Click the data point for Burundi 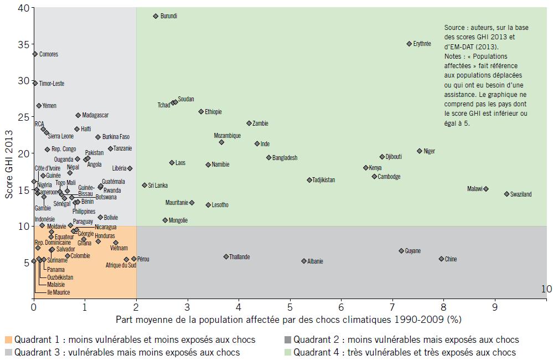click(x=156, y=16)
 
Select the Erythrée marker click(x=409, y=44)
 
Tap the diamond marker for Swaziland click(x=507, y=194)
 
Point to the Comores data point click(x=34, y=54)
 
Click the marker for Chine click(x=441, y=259)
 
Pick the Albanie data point click(x=303, y=261)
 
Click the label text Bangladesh click(x=285, y=158)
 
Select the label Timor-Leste click(x=51, y=84)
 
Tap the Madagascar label click(x=95, y=115)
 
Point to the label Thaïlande click(x=239, y=257)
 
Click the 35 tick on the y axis click(x=23, y=44)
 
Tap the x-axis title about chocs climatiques click(x=288, y=320)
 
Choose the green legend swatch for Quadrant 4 click(x=287, y=352)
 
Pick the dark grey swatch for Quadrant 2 click(x=287, y=340)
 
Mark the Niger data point click(x=419, y=151)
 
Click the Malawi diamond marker click(x=485, y=189)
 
